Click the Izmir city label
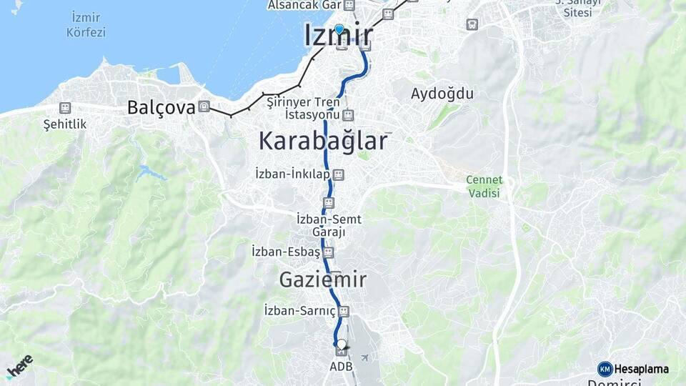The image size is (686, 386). click(339, 35)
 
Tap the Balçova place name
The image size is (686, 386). click(161, 107)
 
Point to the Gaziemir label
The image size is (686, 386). click(323, 279)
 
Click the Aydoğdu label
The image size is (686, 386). click(442, 93)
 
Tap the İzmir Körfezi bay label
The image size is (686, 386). click(86, 24)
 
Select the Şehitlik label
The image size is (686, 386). click(65, 124)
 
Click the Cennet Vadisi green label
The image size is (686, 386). click(484, 186)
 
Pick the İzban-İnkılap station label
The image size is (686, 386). click(300, 174)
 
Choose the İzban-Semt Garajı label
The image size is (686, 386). click(329, 225)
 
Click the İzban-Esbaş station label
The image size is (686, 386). click(286, 252)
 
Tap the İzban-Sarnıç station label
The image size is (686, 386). click(299, 311)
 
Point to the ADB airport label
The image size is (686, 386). click(341, 367)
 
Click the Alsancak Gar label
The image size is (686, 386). click(304, 5)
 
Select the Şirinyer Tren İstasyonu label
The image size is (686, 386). click(312, 109)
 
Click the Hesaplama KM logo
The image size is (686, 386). click(633, 369)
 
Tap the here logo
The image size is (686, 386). click(19, 367)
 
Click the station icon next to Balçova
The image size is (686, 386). click(204, 107)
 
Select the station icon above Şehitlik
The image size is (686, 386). click(65, 108)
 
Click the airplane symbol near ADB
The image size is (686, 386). click(365, 357)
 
